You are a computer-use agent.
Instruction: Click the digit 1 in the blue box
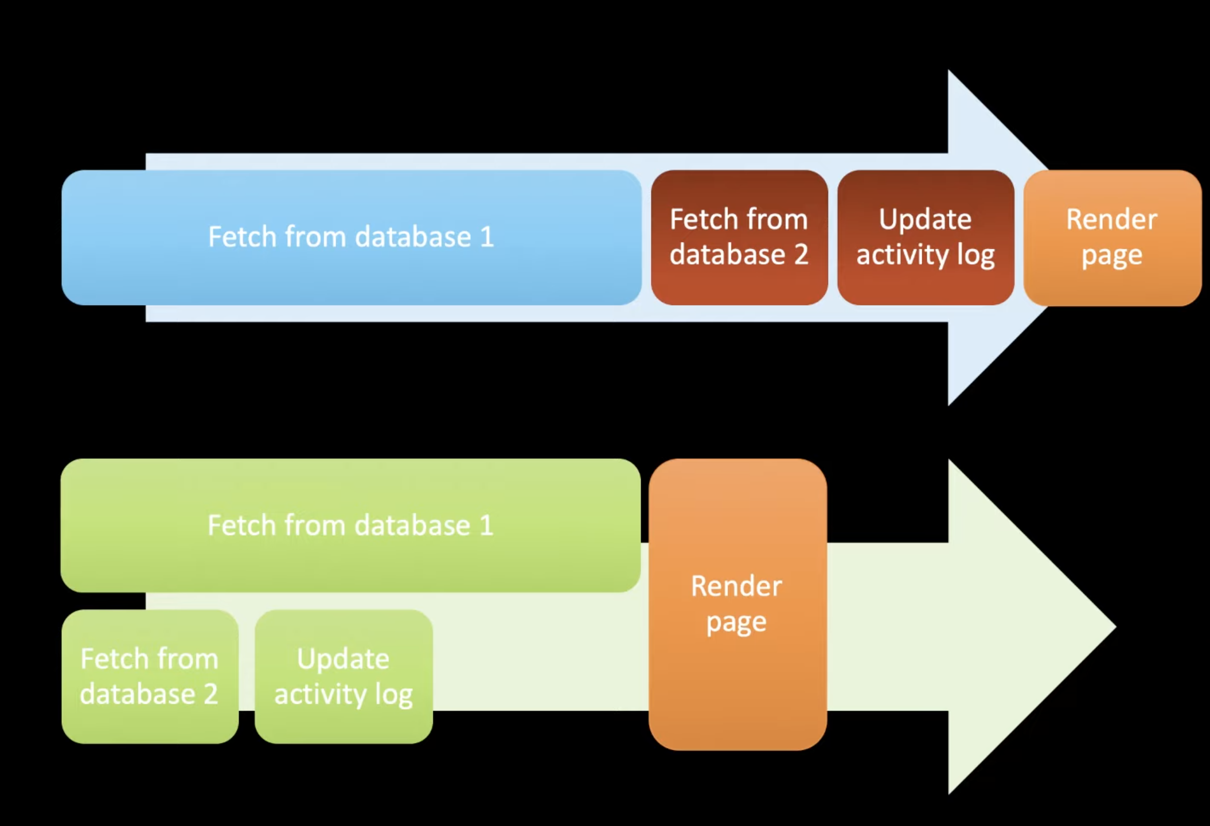[x=487, y=237]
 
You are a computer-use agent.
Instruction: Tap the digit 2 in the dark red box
[x=801, y=254]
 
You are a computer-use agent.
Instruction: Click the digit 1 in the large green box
[x=486, y=525]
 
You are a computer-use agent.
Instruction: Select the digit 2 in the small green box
[x=210, y=694]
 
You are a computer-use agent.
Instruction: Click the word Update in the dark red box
[x=925, y=220]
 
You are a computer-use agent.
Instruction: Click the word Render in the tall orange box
[x=736, y=586]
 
